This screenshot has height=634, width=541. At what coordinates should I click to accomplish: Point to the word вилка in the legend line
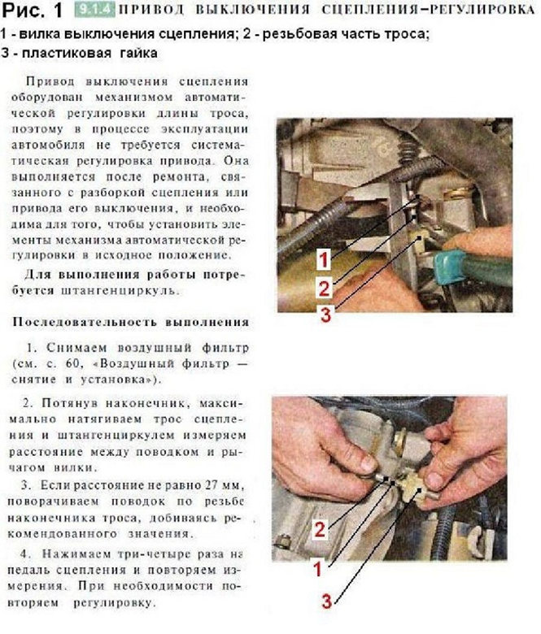(35, 35)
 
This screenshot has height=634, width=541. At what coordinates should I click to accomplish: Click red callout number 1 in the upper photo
(323, 260)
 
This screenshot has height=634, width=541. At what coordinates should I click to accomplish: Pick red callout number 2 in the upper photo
(323, 287)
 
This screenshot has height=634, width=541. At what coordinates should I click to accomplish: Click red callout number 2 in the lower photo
(320, 530)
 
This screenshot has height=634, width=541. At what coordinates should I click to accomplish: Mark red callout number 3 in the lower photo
(325, 601)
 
